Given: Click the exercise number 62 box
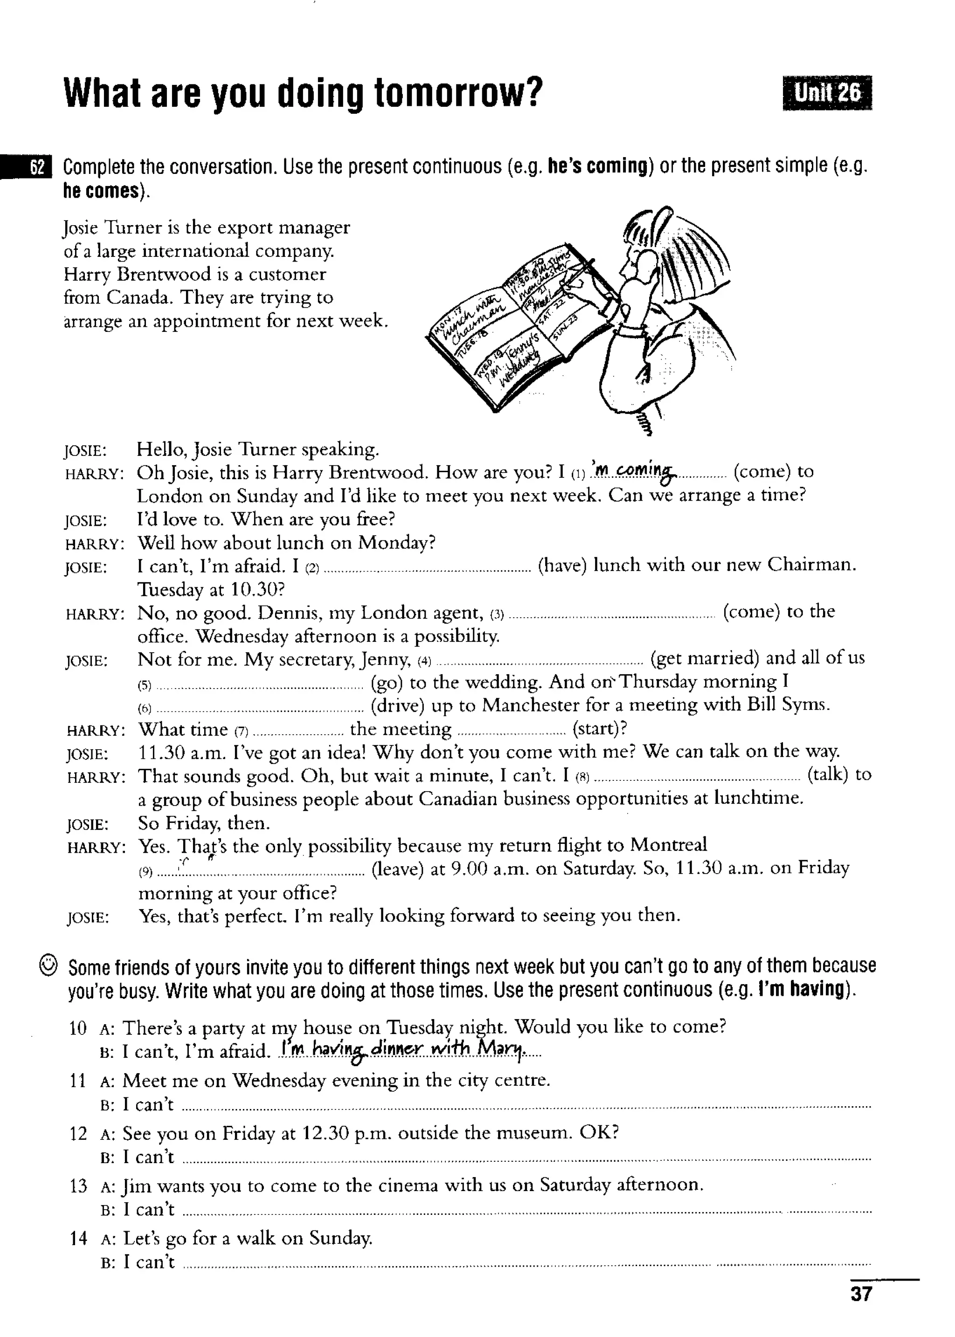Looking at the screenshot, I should click(x=36, y=167).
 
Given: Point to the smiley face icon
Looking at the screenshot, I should click(x=48, y=965).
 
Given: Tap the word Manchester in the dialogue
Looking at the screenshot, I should click(x=527, y=704).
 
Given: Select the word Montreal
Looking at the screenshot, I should click(x=668, y=845).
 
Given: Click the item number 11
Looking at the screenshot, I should click(x=77, y=1080).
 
